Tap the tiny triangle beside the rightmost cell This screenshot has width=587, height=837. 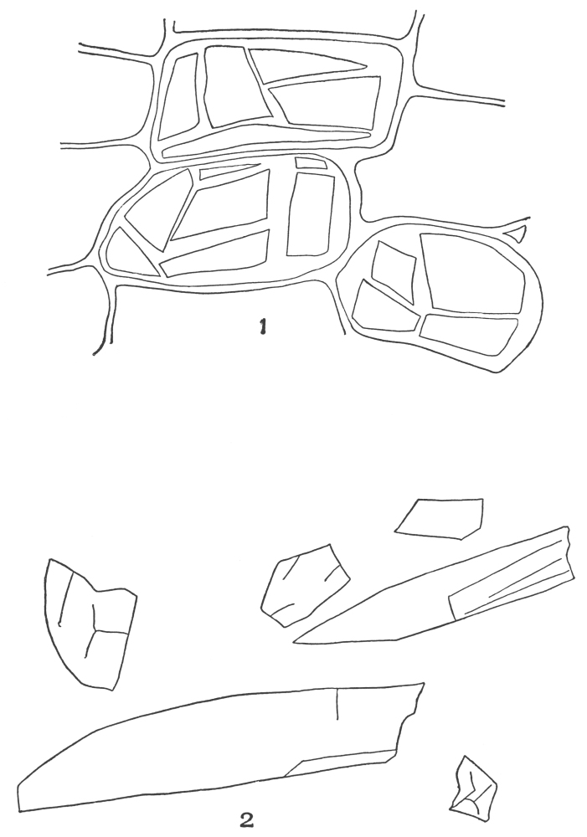(517, 232)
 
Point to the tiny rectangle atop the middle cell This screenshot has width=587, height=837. (311, 163)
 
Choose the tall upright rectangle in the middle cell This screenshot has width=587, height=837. (308, 213)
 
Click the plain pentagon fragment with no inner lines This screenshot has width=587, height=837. (440, 518)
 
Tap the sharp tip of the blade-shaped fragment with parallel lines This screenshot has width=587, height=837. (294, 641)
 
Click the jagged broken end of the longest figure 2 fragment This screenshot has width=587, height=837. (410, 716)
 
